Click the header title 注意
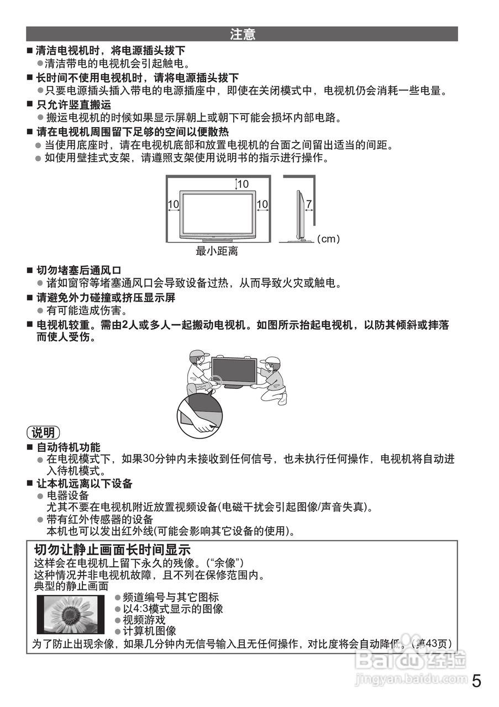(x=242, y=35)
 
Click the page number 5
(x=476, y=681)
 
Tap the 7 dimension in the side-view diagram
(x=308, y=204)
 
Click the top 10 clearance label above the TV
(x=243, y=184)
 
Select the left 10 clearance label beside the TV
(x=173, y=204)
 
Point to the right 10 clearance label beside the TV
(x=262, y=204)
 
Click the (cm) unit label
(x=328, y=239)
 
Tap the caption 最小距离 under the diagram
(x=217, y=251)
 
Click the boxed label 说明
(x=43, y=432)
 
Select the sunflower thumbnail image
(x=71, y=614)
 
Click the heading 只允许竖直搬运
(x=73, y=104)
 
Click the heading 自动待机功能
(x=69, y=447)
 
